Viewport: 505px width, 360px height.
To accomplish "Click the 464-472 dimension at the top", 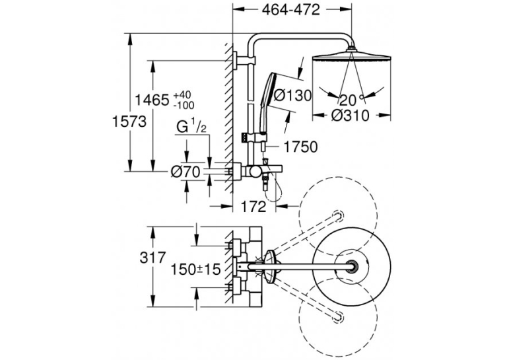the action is pos(291,10).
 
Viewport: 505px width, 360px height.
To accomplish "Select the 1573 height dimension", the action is pos(129,122).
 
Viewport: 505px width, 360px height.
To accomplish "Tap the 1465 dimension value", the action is pos(152,100).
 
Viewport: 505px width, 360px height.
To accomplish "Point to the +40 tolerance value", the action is pos(182,95).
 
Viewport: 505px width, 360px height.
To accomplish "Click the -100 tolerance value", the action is pos(184,105).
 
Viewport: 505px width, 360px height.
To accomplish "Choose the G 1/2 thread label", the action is pos(191,127).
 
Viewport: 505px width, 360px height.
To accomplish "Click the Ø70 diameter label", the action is pos(186,172).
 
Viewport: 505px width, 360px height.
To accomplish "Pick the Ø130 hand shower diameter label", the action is pos(292,95).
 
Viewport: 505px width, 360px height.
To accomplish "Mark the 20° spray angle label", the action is pos(351,100).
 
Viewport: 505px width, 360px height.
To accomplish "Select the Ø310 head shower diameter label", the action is pos(350,116).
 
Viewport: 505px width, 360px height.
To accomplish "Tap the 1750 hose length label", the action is pos(300,147).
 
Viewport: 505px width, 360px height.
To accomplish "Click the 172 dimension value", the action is pos(253,207).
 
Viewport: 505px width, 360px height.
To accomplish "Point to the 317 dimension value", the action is pos(152,258).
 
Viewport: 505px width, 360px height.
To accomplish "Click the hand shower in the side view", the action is pos(267,102).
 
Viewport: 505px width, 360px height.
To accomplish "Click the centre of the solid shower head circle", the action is pos(352,266).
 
